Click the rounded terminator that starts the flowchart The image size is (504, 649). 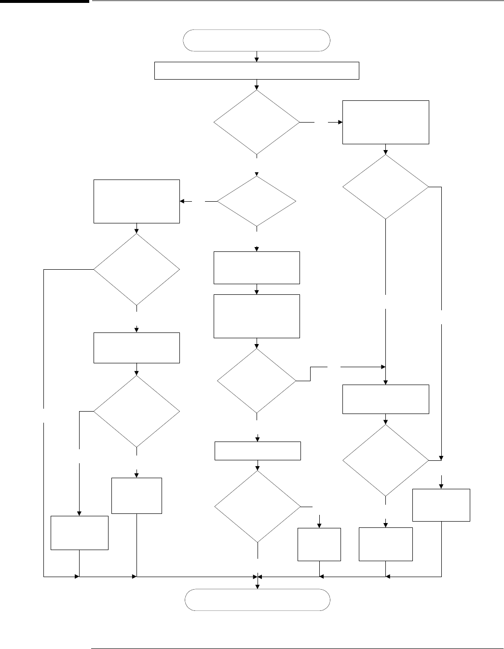coord(257,40)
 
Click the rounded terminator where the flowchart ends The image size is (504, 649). coord(258,600)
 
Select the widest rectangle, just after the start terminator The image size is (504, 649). coord(257,70)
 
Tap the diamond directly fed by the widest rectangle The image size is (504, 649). coord(257,123)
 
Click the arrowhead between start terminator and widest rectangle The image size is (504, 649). coord(257,59)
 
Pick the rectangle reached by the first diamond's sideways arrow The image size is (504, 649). coord(385,122)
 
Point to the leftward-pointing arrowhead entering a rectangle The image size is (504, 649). coord(182,201)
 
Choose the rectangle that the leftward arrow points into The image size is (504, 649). coord(136,201)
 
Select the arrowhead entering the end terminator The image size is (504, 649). coord(257,586)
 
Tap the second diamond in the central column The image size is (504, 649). coord(257,201)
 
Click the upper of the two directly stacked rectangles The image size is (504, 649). coord(257,267)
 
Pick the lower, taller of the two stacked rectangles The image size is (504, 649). coord(257,316)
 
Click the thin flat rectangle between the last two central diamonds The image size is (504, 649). coord(258,451)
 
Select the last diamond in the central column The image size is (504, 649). coord(257,507)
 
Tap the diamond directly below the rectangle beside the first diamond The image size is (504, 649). coord(385,187)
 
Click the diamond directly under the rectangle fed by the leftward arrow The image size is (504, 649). coord(136,269)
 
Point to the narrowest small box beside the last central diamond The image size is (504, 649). coord(319,544)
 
